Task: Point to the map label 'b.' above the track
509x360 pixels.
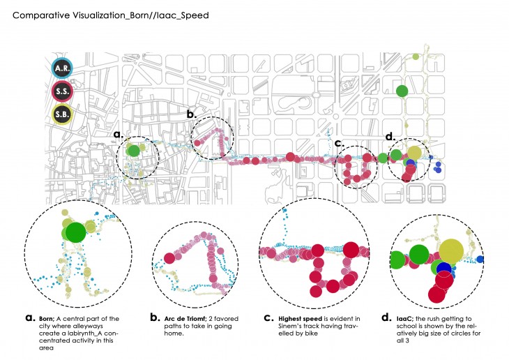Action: (191, 113)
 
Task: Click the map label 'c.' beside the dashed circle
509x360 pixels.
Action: (339, 144)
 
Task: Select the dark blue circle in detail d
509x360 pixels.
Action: (443, 270)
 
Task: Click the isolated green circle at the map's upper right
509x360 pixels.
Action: (402, 91)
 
